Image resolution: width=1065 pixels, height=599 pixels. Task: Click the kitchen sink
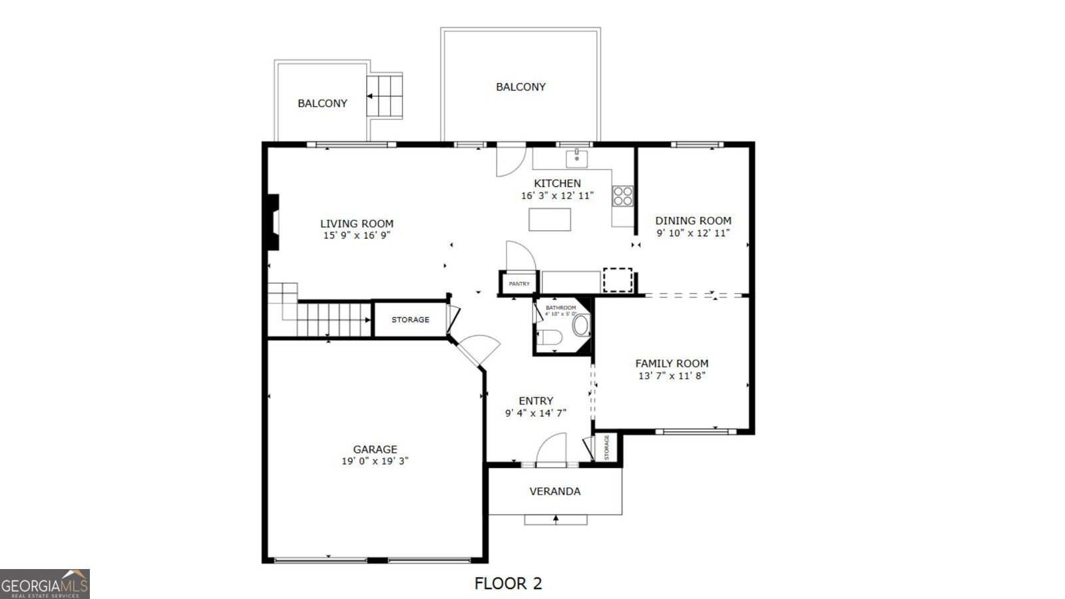[576, 159]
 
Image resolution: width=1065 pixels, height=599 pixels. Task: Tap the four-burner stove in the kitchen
[622, 196]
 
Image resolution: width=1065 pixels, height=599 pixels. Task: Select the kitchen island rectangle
[550, 220]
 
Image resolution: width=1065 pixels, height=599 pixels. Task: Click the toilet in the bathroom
[550, 337]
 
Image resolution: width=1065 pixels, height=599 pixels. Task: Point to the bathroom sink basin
[580, 325]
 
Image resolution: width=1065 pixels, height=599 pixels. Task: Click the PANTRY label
[519, 284]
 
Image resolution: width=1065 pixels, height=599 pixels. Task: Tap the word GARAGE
[375, 449]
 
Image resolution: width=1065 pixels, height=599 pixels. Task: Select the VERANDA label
[555, 492]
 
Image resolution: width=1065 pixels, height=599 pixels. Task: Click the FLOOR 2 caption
[509, 583]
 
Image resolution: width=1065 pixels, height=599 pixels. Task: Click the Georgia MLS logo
[45, 584]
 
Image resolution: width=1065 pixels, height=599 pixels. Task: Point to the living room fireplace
[273, 222]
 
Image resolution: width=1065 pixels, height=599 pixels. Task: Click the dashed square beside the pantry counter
[618, 280]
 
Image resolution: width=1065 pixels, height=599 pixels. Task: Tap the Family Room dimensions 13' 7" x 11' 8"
[672, 376]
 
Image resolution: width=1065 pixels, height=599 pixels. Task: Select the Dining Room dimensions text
[693, 234]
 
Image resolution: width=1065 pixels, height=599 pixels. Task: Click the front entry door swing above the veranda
[552, 448]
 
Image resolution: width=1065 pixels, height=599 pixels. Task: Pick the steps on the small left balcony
[385, 97]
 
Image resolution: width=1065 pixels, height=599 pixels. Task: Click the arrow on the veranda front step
[555, 520]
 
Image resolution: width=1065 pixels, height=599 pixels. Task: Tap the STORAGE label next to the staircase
[410, 320]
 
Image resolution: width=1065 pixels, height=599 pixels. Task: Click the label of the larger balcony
[521, 87]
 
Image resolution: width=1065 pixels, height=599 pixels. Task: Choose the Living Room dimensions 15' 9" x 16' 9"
[357, 236]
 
